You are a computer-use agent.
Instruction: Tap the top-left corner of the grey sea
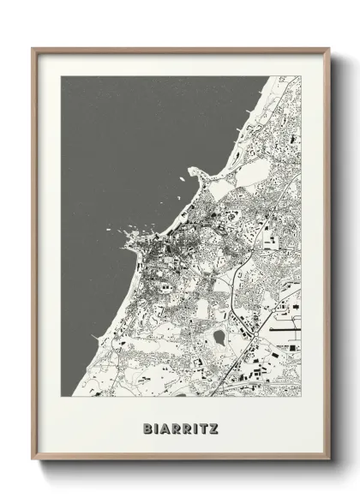point(62,77)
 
